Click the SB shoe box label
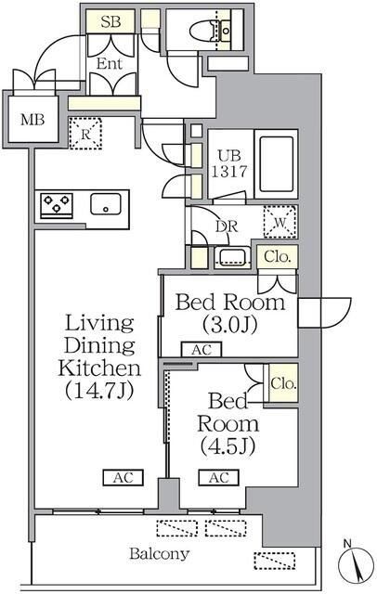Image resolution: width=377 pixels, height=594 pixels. (x=110, y=22)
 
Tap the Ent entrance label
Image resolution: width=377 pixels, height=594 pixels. (x=110, y=64)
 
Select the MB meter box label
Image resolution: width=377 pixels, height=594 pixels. (x=32, y=120)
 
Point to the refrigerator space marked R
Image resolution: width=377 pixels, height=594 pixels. (x=86, y=134)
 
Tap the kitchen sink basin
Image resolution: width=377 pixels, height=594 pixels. (x=106, y=204)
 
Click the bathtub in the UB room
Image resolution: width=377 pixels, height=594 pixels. (x=276, y=164)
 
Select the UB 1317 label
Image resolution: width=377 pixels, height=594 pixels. (x=228, y=163)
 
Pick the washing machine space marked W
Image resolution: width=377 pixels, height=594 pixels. (x=280, y=222)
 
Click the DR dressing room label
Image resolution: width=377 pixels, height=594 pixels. (x=227, y=226)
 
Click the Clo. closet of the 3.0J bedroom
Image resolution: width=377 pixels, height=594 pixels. (x=278, y=257)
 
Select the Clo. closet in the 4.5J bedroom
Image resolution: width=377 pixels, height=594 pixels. (x=283, y=383)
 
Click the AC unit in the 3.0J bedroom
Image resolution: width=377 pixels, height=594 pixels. (x=201, y=350)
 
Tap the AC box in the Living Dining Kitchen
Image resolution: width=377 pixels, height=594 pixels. (x=123, y=477)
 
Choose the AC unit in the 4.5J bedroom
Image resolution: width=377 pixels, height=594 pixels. (x=219, y=477)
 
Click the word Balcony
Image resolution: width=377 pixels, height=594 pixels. (x=159, y=554)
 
